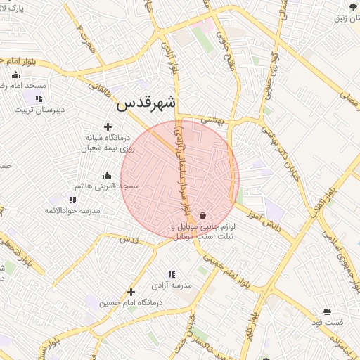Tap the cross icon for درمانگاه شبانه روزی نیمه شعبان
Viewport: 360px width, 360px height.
click(108, 127)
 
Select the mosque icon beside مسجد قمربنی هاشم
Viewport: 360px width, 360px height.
click(107, 175)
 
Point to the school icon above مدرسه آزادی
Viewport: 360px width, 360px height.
click(172, 274)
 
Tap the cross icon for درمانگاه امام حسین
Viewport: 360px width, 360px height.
click(131, 292)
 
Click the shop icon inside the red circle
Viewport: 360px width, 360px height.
click(203, 215)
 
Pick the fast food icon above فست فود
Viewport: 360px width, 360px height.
click(328, 311)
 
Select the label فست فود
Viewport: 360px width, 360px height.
click(328, 322)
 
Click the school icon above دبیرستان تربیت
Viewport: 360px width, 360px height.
click(38, 98)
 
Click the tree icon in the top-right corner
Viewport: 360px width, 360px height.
click(352, 6)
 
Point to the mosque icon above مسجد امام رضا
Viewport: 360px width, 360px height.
click(16, 75)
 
